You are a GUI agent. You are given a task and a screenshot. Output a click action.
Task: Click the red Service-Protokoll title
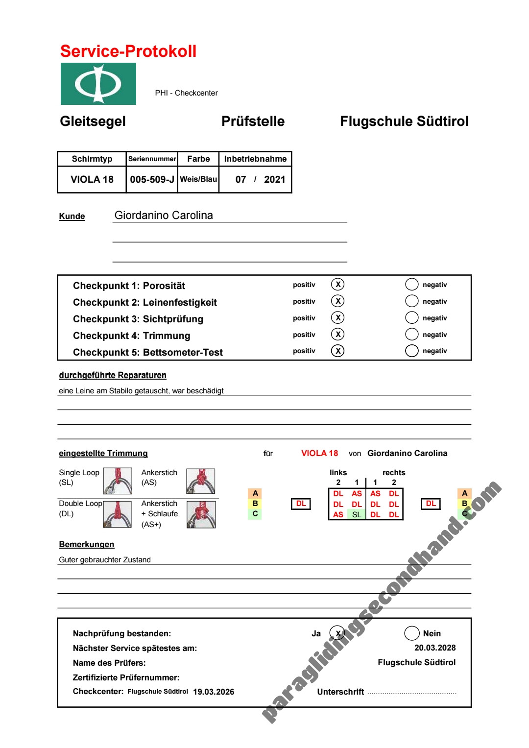[128, 51]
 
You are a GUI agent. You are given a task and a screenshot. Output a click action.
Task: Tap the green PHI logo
[98, 84]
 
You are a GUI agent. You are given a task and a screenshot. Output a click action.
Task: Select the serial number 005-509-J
[152, 179]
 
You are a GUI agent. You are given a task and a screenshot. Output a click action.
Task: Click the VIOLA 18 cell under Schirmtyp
[92, 179]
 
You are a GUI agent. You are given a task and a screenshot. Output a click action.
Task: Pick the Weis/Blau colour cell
[198, 179]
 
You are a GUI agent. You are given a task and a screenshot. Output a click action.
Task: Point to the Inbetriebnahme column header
[255, 159]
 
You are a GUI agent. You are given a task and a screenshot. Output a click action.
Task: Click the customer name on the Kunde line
[164, 216]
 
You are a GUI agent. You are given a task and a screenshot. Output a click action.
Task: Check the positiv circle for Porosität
[337, 285]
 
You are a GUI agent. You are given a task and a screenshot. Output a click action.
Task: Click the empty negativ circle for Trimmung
[412, 335]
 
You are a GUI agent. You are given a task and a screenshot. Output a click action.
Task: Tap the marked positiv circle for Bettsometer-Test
[337, 351]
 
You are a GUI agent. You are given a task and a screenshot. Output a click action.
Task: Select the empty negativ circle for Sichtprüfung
[412, 318]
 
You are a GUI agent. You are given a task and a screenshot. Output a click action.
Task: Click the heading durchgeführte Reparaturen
[113, 375]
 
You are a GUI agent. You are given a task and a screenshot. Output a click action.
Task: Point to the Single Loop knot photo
[118, 481]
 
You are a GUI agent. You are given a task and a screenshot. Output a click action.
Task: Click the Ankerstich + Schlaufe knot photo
[201, 514]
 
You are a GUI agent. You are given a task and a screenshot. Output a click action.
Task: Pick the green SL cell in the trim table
[357, 514]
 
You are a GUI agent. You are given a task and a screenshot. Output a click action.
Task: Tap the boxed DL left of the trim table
[301, 504]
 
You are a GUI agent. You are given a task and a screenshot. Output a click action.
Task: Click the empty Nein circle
[412, 633]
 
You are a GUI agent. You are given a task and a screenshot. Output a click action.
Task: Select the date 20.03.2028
[435, 648]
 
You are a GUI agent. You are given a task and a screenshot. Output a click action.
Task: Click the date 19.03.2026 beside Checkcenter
[214, 692]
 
